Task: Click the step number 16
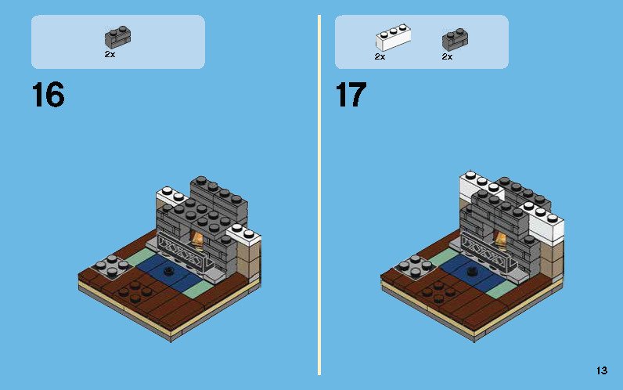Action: tap(48, 95)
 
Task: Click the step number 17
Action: tap(351, 95)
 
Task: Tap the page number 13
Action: tap(602, 370)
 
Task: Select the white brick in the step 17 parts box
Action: tap(394, 37)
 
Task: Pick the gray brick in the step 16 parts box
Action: tap(118, 38)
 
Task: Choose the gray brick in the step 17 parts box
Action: tap(455, 39)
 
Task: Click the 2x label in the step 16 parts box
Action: tap(110, 55)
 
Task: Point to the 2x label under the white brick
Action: tap(380, 57)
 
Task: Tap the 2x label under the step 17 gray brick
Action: tap(447, 57)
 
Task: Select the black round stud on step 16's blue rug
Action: tap(169, 271)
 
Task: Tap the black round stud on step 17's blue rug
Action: tap(472, 272)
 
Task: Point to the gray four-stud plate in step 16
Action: tap(112, 266)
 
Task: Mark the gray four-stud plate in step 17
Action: tap(415, 266)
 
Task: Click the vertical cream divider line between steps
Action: tap(319, 195)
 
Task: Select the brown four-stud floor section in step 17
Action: tap(438, 292)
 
